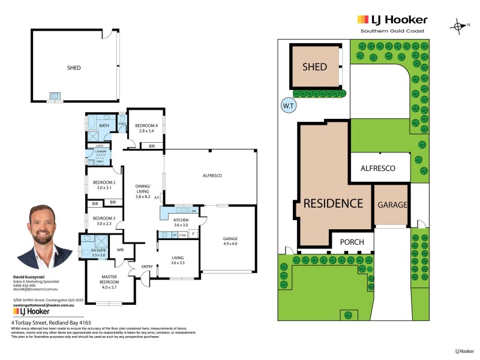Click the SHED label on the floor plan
pyautogui.click(x=74, y=68)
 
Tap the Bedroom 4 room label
pyautogui.click(x=146, y=128)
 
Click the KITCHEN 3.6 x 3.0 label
pyautogui.click(x=181, y=223)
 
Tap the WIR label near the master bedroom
pyautogui.click(x=120, y=249)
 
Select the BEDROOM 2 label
pyautogui.click(x=104, y=184)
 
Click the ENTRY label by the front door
pyautogui.click(x=147, y=266)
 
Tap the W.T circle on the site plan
pyautogui.click(x=287, y=107)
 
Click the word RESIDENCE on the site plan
pyautogui.click(x=332, y=203)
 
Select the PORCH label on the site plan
pyautogui.click(x=353, y=242)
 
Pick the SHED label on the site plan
pyautogui.click(x=314, y=67)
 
